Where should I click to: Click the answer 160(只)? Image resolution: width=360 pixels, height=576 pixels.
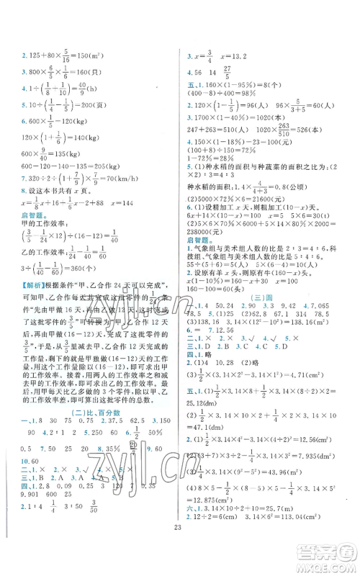pos(91,71)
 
